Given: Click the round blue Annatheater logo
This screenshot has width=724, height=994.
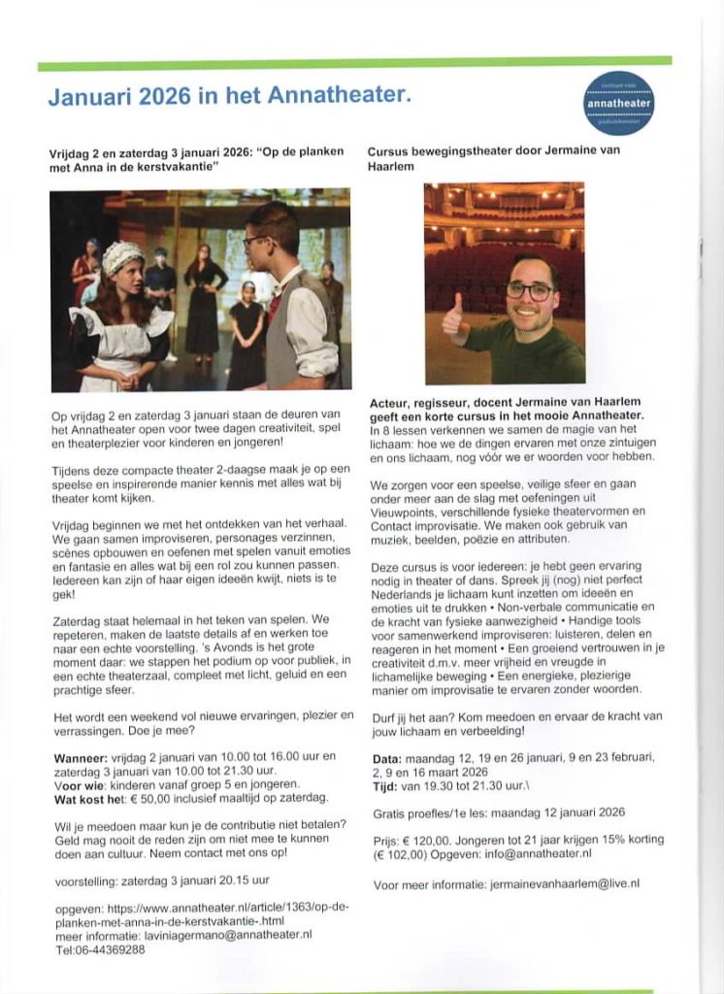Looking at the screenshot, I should (x=619, y=101).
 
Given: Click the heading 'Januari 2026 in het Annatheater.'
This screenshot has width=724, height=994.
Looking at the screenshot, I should (x=230, y=96).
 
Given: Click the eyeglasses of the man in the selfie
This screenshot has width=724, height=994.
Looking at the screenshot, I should (x=530, y=291).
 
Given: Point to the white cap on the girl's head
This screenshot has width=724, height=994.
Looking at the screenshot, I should (x=122, y=256).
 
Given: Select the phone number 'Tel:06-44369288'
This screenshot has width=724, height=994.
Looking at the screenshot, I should (x=101, y=950).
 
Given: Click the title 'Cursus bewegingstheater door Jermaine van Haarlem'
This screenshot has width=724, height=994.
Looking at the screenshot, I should (x=493, y=158).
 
